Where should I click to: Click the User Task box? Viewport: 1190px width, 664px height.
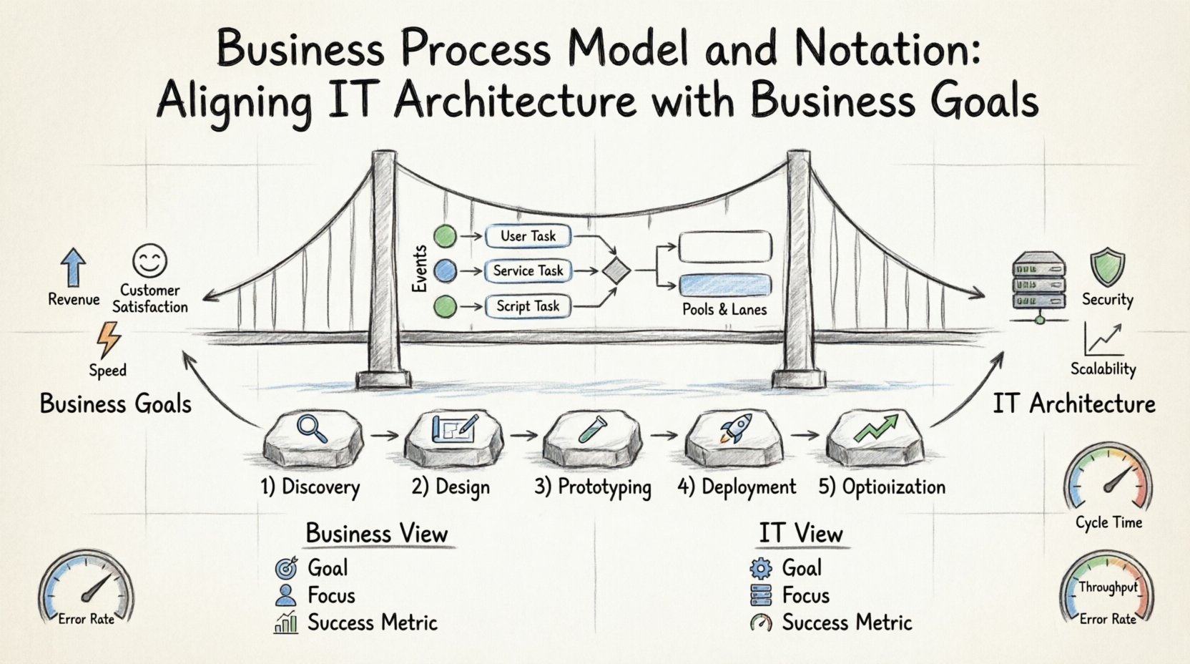528,236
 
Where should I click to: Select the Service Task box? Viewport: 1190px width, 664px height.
528,270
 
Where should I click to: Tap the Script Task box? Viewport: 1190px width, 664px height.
528,306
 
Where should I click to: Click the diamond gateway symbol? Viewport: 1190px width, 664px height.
616,271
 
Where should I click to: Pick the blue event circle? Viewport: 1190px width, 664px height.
446,270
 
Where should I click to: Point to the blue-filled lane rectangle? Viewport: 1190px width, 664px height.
725,285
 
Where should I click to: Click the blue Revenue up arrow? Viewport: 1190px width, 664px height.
73,267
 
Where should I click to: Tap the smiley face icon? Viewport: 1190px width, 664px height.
150,261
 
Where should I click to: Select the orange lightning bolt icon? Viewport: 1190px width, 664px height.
109,339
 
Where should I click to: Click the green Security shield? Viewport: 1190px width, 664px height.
1107,267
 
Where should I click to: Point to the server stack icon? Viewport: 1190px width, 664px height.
1039,284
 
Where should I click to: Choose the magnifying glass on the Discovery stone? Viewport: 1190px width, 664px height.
312,429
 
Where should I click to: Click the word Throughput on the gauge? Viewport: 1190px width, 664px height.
1108,587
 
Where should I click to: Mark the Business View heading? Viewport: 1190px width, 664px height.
376,534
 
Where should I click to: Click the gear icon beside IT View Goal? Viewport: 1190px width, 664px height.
761,568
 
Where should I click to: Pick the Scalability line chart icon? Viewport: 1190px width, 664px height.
1103,339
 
